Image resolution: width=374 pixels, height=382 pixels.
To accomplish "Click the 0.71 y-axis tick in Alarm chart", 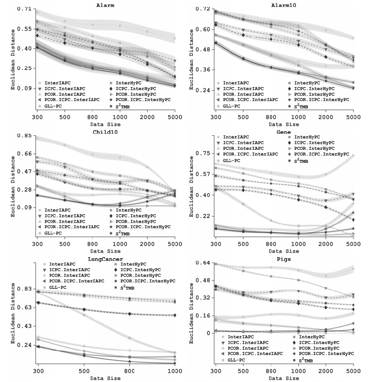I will (25, 9).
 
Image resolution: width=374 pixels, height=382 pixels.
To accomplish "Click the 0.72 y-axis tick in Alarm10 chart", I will (204, 9).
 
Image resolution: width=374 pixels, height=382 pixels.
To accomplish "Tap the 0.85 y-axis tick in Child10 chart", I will (25, 136).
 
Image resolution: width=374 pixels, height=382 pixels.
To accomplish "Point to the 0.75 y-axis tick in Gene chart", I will (204, 153).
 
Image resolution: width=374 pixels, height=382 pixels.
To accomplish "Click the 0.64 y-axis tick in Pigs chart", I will (204, 263).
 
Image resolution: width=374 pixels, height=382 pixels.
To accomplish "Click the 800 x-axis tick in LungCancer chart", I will (129, 371).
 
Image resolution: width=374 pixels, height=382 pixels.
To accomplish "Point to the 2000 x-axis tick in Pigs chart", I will (326, 371).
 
